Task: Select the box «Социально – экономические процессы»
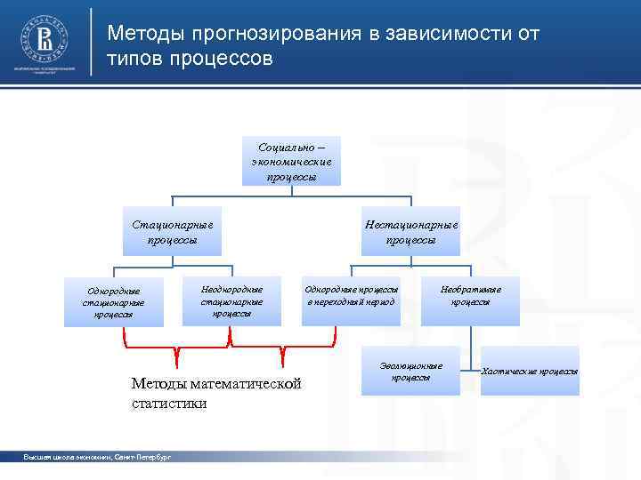[x=291, y=161]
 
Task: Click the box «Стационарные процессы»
[x=173, y=232]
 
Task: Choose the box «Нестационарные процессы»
[x=410, y=232]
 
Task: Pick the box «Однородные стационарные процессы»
[x=114, y=301]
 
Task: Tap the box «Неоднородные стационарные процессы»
[x=231, y=300]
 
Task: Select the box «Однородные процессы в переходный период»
[x=351, y=296]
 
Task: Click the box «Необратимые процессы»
[x=470, y=296]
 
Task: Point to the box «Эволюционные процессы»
[x=410, y=372]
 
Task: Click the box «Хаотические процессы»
[x=529, y=371]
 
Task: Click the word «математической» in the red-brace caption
[x=245, y=384]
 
